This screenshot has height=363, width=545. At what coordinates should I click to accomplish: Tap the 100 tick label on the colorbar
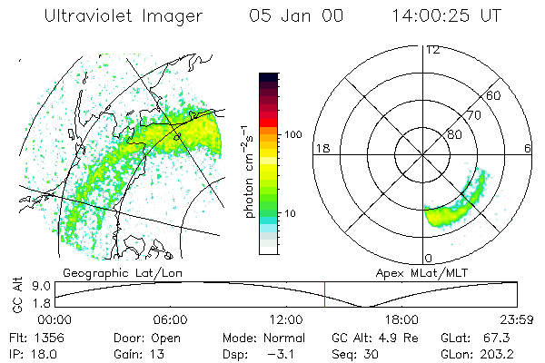(292, 134)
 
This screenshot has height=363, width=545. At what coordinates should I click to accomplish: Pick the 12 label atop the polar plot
(432, 50)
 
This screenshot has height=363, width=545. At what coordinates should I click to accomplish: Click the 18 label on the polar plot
(321, 148)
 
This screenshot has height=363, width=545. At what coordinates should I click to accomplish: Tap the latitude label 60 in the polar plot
(494, 95)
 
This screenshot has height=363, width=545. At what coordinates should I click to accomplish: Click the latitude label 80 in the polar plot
(453, 135)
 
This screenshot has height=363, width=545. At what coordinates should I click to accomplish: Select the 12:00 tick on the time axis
(286, 319)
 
